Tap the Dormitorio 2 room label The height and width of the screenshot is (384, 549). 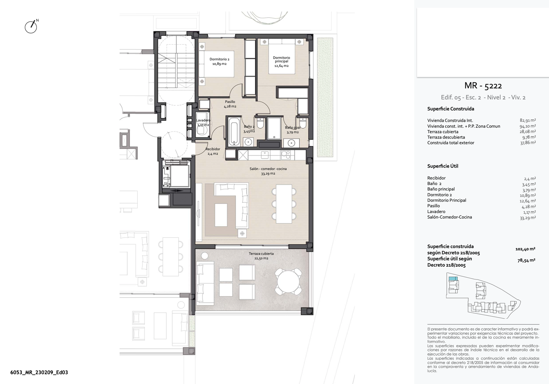[x=219, y=61]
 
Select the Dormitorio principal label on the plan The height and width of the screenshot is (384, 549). [x=281, y=61]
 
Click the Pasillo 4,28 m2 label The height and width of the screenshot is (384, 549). [x=230, y=104]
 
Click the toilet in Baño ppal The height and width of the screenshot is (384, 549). [x=303, y=123]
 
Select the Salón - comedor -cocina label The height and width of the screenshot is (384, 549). [x=268, y=171]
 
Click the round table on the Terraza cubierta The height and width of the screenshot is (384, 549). [x=288, y=282]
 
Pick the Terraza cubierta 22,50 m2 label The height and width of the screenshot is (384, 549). [x=261, y=256]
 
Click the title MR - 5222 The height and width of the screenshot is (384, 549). [x=483, y=85]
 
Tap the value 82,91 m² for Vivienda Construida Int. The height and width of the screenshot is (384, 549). [x=528, y=120]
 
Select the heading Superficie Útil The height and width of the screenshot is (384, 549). [x=443, y=166]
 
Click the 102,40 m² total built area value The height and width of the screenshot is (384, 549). [x=525, y=249]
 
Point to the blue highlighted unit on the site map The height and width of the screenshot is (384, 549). [x=453, y=279]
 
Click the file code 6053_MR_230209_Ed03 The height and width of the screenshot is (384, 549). [x=39, y=372]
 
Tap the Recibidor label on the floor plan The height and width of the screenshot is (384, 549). [x=213, y=151]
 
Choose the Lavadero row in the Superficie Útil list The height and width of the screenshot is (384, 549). [x=481, y=211]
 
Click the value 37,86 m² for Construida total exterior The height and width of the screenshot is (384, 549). [x=528, y=143]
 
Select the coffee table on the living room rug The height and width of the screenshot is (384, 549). [x=221, y=215]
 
